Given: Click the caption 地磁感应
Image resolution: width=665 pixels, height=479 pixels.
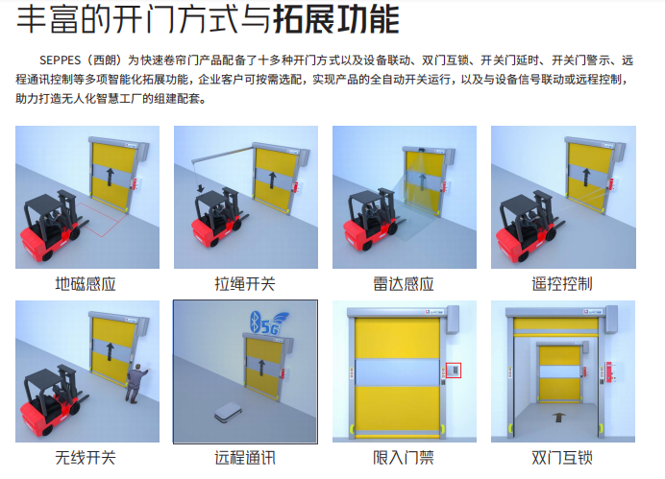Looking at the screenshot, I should [x=87, y=283].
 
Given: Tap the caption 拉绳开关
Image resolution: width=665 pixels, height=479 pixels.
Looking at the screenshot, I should [x=245, y=283].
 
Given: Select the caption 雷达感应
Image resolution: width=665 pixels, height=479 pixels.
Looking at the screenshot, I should [x=404, y=283].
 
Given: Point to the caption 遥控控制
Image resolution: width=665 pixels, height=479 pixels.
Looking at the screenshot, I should [x=562, y=283].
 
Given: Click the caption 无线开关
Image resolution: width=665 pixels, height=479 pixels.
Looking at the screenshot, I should [x=87, y=458].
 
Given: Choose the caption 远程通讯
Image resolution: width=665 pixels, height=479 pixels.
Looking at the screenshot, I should [x=245, y=458].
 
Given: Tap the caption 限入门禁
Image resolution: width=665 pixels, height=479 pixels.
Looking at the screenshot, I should [x=404, y=458].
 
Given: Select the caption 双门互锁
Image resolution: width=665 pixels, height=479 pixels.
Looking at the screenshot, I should [x=562, y=458].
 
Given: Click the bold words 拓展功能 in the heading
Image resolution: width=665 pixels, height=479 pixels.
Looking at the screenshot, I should [x=336, y=19].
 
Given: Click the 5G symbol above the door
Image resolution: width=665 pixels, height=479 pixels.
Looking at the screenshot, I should [x=268, y=327].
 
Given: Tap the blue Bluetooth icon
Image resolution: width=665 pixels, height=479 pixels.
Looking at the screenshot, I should [x=255, y=320].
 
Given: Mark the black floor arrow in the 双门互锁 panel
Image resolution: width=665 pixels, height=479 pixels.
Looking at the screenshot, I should [x=557, y=419].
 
